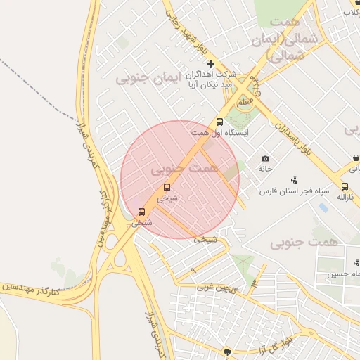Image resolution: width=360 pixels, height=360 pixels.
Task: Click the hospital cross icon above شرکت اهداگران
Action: coord(210,64)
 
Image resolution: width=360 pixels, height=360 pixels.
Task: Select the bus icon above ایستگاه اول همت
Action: coord(220,122)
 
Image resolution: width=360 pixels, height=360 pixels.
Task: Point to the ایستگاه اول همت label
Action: coord(219,132)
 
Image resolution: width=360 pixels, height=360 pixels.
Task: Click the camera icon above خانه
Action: coord(265,159)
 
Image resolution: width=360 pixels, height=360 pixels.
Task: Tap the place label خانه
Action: coord(265,169)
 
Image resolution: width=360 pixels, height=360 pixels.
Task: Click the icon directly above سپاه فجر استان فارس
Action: coord(294,180)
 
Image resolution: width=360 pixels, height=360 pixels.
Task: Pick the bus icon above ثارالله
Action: coord(345,186)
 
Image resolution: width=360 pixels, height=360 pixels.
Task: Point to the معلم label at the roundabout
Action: coord(245,102)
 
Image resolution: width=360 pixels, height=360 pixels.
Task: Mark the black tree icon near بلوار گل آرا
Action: coord(226,351)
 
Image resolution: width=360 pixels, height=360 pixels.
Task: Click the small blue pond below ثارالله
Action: coord(322,207)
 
